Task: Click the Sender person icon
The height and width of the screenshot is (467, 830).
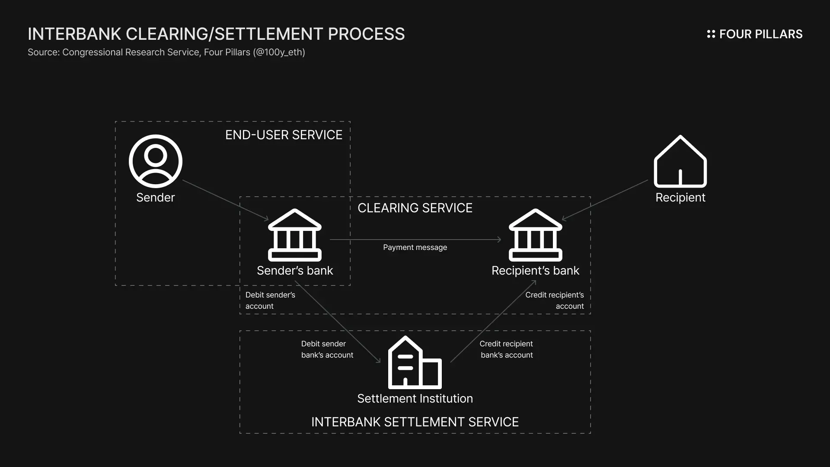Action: (156, 161)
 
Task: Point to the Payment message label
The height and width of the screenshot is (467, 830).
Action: (415, 247)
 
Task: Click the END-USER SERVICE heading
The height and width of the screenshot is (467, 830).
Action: (284, 135)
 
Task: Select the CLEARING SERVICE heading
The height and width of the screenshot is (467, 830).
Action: (415, 208)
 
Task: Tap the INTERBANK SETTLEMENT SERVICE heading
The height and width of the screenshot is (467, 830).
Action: (415, 422)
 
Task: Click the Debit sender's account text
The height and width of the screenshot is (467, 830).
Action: (270, 301)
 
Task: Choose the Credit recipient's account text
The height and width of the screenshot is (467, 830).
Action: (555, 301)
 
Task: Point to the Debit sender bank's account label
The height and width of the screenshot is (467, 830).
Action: (327, 349)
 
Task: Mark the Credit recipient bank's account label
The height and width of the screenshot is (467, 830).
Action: (506, 349)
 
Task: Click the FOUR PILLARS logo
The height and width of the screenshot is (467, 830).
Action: (754, 34)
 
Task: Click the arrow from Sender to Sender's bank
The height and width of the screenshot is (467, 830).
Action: (225, 200)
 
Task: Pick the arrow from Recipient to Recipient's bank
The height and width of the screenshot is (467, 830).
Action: (605, 200)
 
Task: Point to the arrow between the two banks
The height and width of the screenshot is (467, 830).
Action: (415, 239)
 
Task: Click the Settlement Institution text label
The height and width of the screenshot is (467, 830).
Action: (415, 399)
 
